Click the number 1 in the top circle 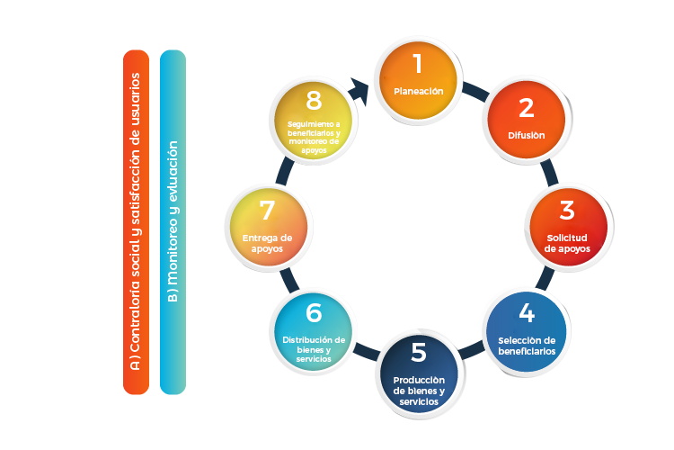tap(418, 64)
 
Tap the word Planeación tap(419, 91)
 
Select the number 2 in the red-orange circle tap(527, 108)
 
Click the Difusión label tap(527, 136)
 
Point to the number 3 tap(567, 211)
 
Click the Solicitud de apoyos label tap(565, 243)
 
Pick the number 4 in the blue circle tap(527, 315)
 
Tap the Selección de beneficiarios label tap(527, 346)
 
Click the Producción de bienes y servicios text tap(418, 391)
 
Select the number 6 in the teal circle tap(314, 312)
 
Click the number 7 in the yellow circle tap(267, 211)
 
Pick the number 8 tap(314, 98)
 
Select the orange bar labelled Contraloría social tap(137, 222)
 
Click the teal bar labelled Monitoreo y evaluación tap(172, 222)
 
